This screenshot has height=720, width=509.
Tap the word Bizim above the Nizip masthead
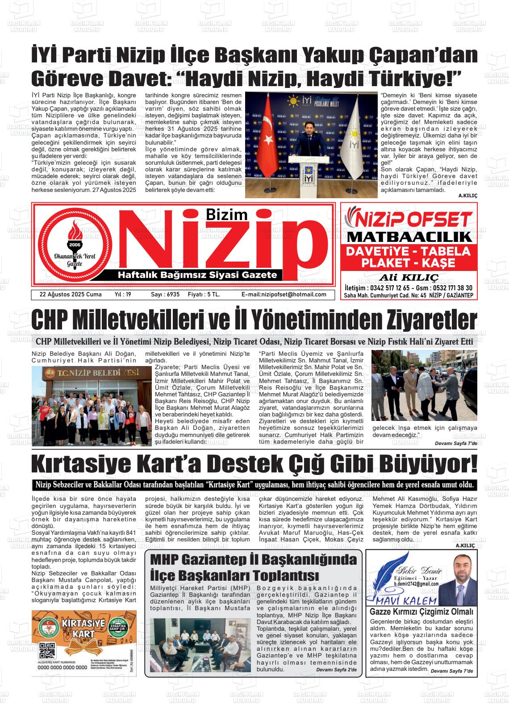[x=227, y=215]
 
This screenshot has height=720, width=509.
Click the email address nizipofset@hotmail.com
[x=284, y=295]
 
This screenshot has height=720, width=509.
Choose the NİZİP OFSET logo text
[x=409, y=219]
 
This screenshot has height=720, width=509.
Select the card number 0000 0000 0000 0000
[x=62, y=667]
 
